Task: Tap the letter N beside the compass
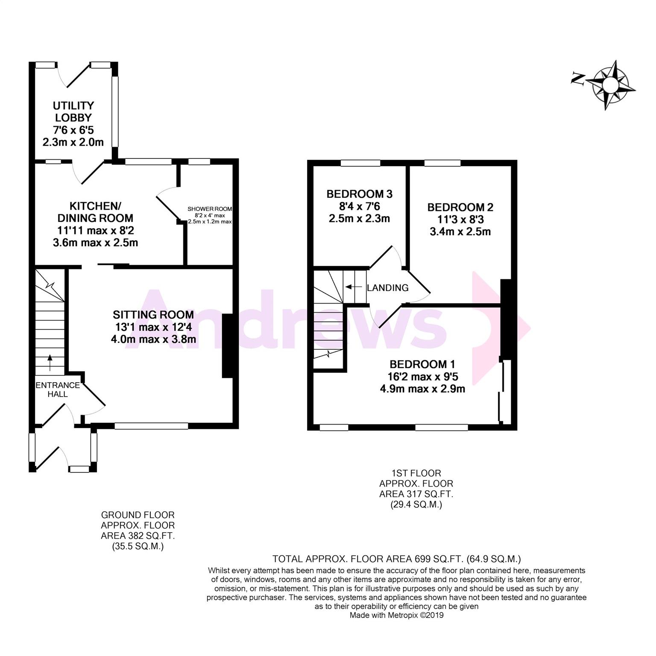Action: [x=578, y=79]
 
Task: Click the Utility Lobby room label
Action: [x=73, y=111]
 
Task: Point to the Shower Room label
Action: [x=210, y=209]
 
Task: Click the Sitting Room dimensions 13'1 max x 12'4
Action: [x=153, y=328]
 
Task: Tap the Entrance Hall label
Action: [x=58, y=389]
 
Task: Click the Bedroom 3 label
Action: [x=359, y=194]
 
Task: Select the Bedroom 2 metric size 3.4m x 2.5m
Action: [x=460, y=232]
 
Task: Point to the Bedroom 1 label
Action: [x=422, y=364]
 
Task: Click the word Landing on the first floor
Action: [x=388, y=288]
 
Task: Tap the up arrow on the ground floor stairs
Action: [x=50, y=363]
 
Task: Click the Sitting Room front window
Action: [x=152, y=426]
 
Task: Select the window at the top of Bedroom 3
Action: [x=360, y=163]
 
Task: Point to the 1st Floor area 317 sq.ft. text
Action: [x=416, y=489]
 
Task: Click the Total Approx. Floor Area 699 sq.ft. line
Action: [x=397, y=559]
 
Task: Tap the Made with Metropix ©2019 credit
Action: [x=397, y=615]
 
